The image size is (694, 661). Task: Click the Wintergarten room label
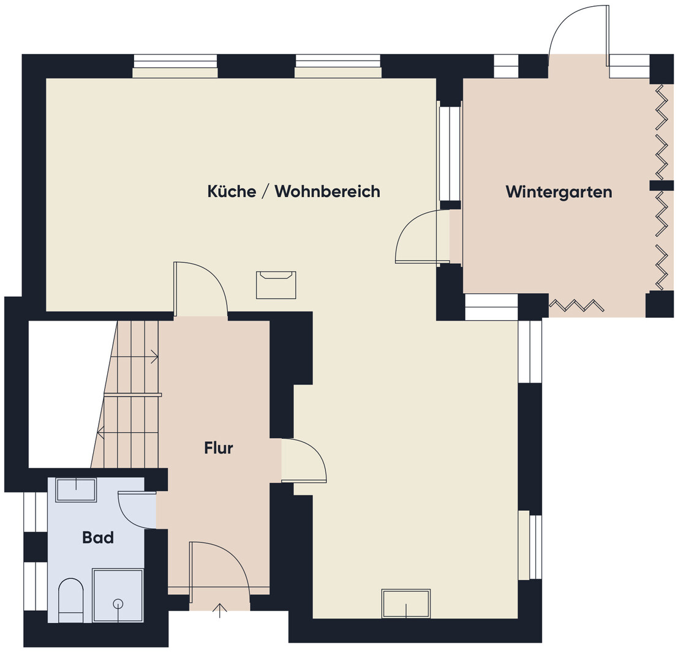point(559,192)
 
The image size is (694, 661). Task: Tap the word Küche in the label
point(232,191)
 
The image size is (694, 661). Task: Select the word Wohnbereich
point(328,191)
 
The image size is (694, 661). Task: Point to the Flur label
point(219,448)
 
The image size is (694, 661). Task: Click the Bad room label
point(98,537)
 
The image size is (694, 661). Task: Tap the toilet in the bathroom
point(71,600)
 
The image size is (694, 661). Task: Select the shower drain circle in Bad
point(118,603)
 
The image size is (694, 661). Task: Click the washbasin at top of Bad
point(76,490)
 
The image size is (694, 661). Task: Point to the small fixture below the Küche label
point(276,285)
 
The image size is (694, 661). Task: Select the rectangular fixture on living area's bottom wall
point(406,603)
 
